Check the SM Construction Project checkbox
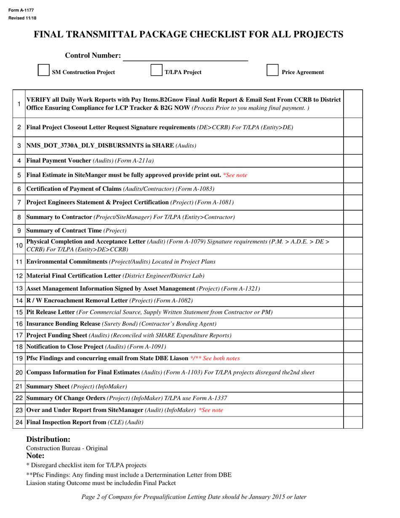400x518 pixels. point(43,70)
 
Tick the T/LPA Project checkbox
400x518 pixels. point(157,70)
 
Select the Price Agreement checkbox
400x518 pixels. point(272,70)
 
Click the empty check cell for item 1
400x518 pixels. point(353,104)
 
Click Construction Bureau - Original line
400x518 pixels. point(67,448)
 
